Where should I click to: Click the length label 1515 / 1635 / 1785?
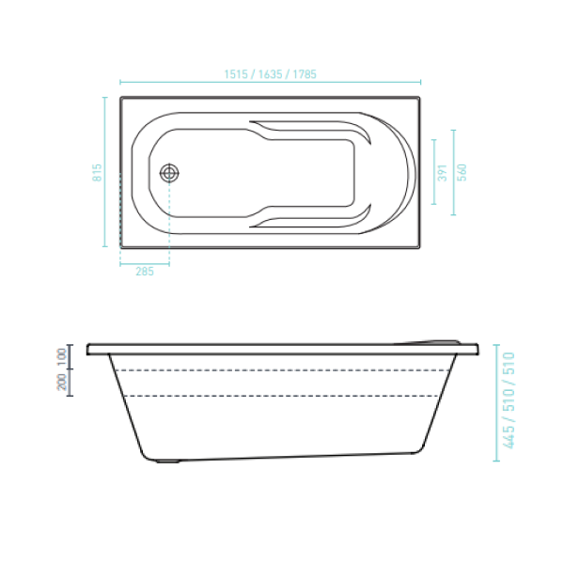(x=269, y=74)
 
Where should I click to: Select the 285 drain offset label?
(x=145, y=273)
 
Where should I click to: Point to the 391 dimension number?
(x=443, y=173)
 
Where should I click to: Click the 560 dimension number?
(x=462, y=173)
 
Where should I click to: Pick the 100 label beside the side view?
(x=61, y=356)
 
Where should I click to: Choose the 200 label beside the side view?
(x=61, y=383)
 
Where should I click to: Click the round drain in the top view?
(x=169, y=173)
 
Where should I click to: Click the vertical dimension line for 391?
(x=433, y=173)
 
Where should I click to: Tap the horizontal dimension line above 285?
(x=145, y=264)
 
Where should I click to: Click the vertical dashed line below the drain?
(x=169, y=226)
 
